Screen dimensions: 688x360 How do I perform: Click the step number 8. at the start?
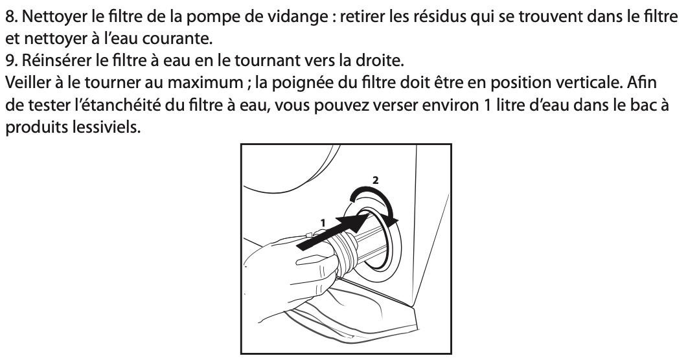[x=12, y=17]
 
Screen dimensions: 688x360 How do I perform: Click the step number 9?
[x=12, y=60]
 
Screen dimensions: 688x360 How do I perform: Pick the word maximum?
[x=205, y=83]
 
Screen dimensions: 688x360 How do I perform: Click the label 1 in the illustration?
[x=323, y=223]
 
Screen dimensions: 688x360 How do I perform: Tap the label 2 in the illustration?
[x=375, y=180]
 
